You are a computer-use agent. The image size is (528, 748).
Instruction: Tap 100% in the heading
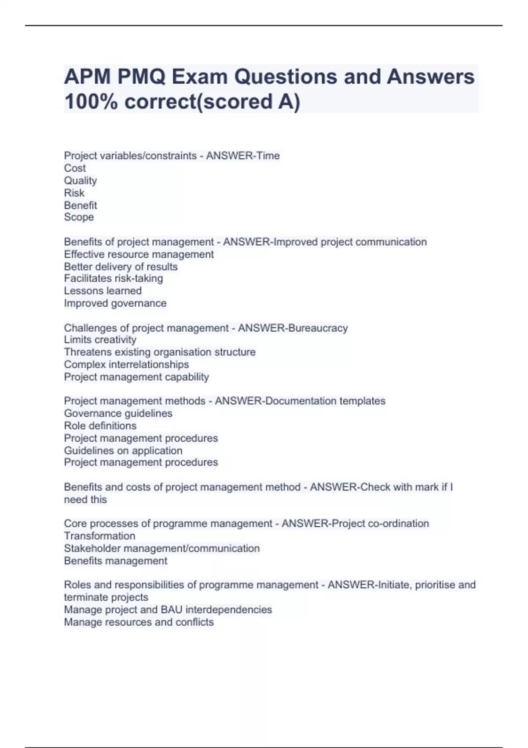pyautogui.click(x=91, y=102)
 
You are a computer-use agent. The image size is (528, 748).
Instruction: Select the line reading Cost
pyautogui.click(x=75, y=168)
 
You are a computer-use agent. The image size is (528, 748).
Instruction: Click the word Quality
pyautogui.click(x=81, y=180)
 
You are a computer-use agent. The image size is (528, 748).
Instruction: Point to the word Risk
pyautogui.click(x=74, y=193)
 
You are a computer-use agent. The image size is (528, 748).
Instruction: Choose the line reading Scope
pyautogui.click(x=79, y=217)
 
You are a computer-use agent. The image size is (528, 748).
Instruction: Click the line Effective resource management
pyautogui.click(x=139, y=254)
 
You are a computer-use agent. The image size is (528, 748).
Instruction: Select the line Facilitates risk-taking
pyautogui.click(x=114, y=279)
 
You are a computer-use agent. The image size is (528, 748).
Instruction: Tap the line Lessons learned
pyautogui.click(x=103, y=291)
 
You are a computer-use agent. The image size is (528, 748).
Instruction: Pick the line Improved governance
pyautogui.click(x=115, y=303)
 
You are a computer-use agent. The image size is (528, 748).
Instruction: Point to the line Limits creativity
pyautogui.click(x=100, y=340)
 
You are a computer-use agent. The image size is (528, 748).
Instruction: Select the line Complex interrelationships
pyautogui.click(x=126, y=364)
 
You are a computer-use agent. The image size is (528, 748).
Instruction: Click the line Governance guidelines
pyautogui.click(x=118, y=413)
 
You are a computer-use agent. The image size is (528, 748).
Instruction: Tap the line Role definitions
pyautogui.click(x=100, y=425)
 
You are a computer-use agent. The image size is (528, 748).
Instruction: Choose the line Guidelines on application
pyautogui.click(x=123, y=451)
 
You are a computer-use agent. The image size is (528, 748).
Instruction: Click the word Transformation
pyautogui.click(x=99, y=536)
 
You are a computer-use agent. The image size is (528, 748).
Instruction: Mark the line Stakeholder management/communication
pyautogui.click(x=161, y=548)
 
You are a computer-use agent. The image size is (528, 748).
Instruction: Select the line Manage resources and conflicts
pyautogui.click(x=139, y=622)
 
